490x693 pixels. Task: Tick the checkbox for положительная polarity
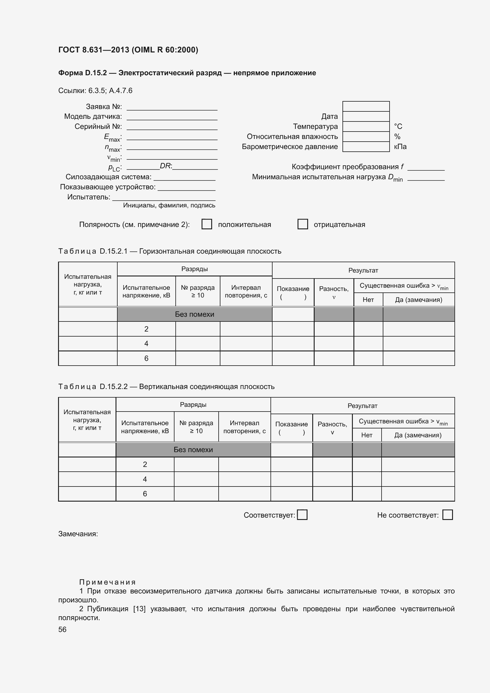point(207,224)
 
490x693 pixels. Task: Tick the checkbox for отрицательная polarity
point(303,224)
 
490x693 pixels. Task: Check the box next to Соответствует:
point(302,515)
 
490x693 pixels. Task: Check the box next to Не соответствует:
point(447,515)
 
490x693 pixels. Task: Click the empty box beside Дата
point(366,116)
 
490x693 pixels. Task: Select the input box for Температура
point(366,127)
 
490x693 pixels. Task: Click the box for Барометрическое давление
point(366,147)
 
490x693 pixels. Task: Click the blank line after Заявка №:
point(172,107)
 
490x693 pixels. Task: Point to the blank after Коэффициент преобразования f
point(426,167)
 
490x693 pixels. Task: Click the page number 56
point(63,629)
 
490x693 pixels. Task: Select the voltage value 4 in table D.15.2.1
point(146,343)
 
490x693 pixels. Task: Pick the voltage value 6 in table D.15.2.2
point(145,494)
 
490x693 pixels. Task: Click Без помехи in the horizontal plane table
point(195,314)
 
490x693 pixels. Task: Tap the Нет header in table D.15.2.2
point(366,435)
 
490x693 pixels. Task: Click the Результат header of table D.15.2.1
point(363,271)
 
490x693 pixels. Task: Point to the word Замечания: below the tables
point(78,534)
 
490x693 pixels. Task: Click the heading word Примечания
point(108,582)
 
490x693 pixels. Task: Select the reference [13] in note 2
point(140,609)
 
